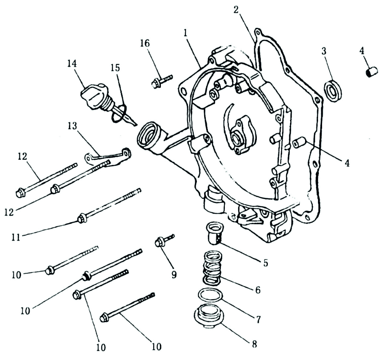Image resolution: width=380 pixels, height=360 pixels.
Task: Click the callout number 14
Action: [x=72, y=64]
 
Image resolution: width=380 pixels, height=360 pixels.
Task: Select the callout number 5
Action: [x=265, y=263]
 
